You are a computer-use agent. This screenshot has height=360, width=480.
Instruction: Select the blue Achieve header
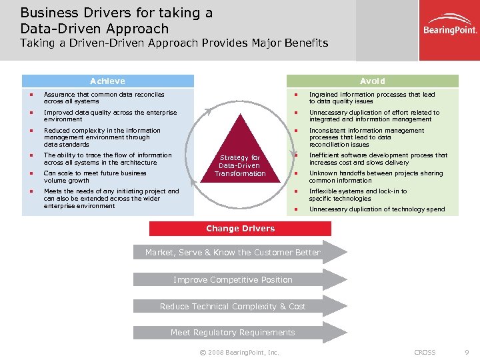click(x=107, y=81)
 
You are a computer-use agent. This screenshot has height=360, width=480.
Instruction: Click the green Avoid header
click(x=372, y=81)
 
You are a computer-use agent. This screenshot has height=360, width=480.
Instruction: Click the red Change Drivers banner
click(x=240, y=229)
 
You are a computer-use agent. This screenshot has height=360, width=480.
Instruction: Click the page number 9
click(x=466, y=352)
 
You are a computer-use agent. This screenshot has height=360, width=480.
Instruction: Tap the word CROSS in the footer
click(x=425, y=352)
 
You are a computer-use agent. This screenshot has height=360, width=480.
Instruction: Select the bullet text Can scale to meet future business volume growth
click(x=95, y=177)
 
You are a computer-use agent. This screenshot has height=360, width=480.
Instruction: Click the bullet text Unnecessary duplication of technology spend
click(x=377, y=209)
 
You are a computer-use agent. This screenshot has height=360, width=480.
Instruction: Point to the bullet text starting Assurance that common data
click(x=103, y=98)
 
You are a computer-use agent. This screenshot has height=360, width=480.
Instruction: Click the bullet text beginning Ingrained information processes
click(x=372, y=98)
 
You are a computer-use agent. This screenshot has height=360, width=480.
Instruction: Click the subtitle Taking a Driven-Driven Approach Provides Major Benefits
click(x=174, y=43)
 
